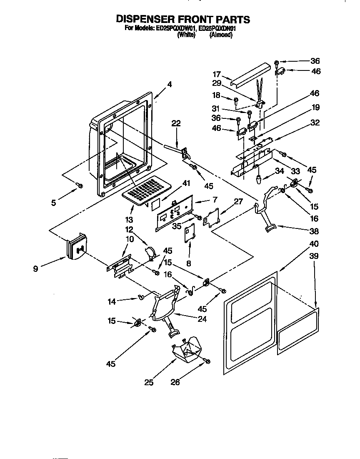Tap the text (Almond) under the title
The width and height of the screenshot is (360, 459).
[221, 35]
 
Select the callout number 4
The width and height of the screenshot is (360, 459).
[169, 84]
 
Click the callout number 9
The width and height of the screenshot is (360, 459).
[36, 269]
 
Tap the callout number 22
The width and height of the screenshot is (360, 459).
[176, 123]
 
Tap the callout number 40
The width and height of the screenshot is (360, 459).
[314, 244]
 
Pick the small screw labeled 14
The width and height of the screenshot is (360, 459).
[140, 297]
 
